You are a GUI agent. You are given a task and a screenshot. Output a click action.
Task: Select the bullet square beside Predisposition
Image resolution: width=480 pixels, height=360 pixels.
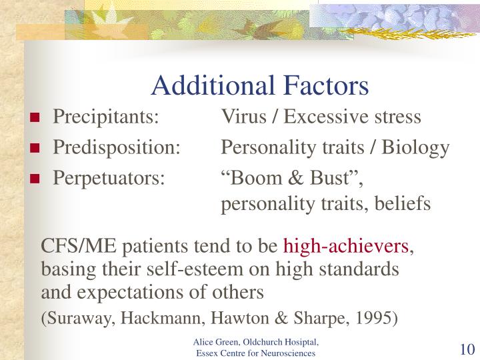(34, 149)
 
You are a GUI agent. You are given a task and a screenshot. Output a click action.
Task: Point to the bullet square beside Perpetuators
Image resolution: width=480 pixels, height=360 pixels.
(34, 179)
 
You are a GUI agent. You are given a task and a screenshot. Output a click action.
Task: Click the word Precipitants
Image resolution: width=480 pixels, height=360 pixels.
(105, 117)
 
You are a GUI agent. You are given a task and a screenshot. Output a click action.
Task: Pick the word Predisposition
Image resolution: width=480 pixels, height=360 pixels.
(117, 147)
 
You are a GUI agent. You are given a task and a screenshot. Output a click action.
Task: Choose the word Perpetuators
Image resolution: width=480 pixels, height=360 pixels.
(109, 178)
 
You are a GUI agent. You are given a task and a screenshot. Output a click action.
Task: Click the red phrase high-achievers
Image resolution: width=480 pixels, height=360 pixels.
(346, 247)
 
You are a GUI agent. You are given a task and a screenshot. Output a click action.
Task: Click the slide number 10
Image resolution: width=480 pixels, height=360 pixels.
(465, 349)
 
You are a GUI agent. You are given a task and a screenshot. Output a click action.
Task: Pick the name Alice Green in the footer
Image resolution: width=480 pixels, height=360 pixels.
(211, 343)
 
